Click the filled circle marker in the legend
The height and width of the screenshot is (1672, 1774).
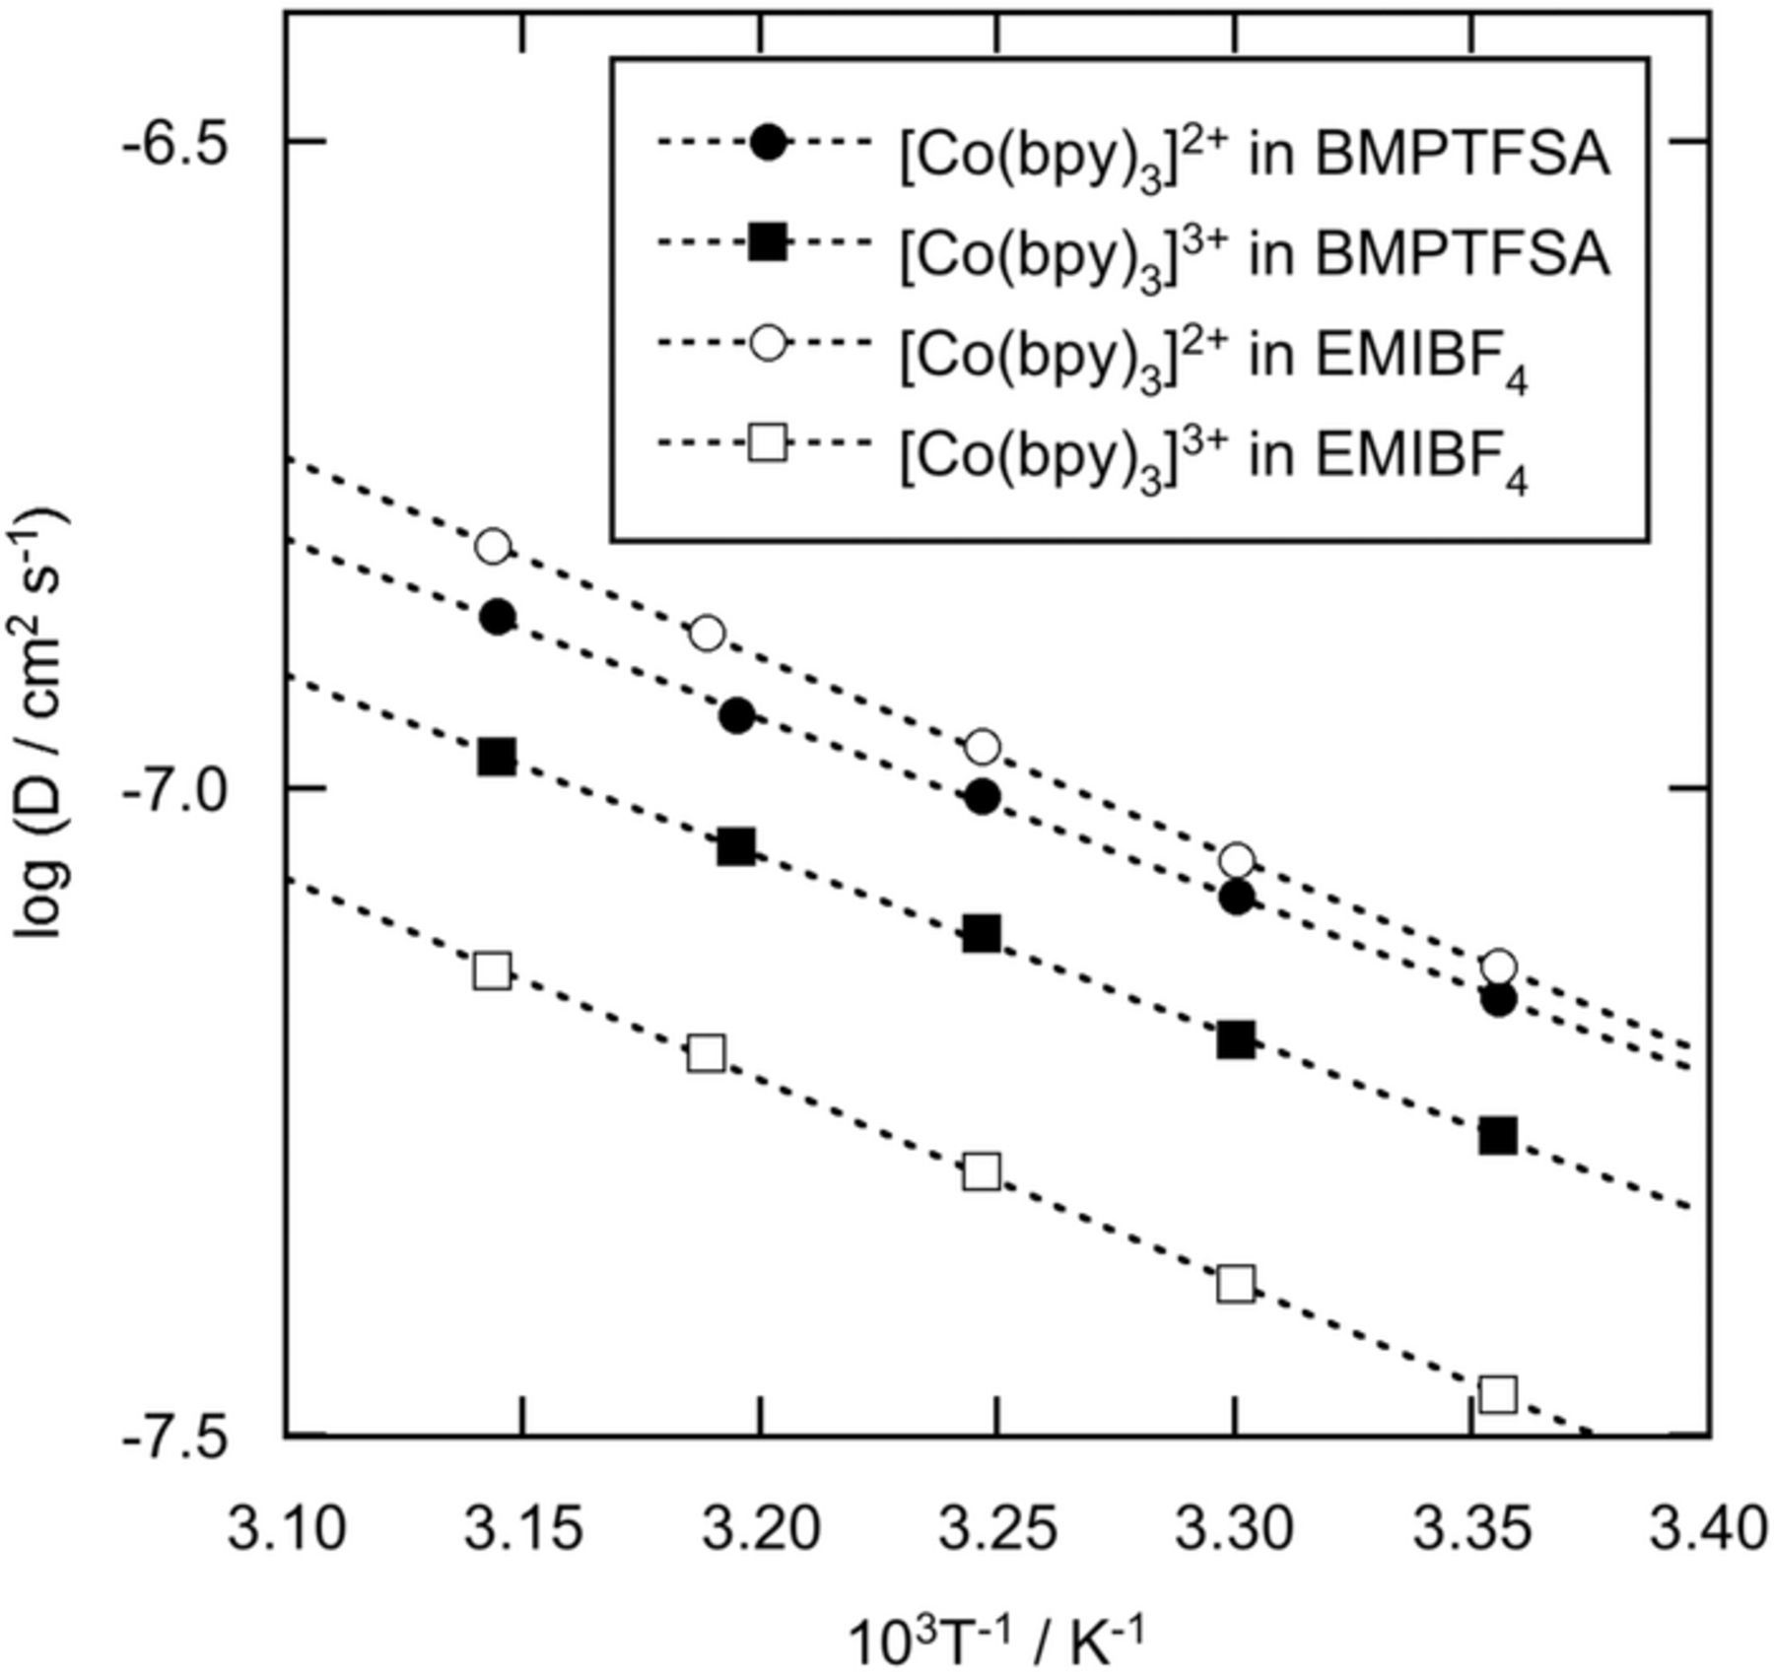[x=767, y=142]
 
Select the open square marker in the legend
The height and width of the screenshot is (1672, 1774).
[x=767, y=445]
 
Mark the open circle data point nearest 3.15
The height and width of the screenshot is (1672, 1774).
[x=494, y=546]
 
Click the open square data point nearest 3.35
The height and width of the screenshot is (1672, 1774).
[x=1498, y=1395]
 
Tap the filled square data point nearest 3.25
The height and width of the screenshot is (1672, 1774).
[x=982, y=932]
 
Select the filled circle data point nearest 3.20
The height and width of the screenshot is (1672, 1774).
[x=736, y=716]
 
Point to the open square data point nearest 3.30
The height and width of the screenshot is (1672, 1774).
[x=1236, y=1284]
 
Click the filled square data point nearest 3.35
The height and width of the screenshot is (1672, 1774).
[x=1498, y=1136]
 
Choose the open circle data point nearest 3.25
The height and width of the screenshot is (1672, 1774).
[x=982, y=747]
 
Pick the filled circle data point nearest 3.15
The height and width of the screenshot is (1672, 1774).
[x=498, y=618]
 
